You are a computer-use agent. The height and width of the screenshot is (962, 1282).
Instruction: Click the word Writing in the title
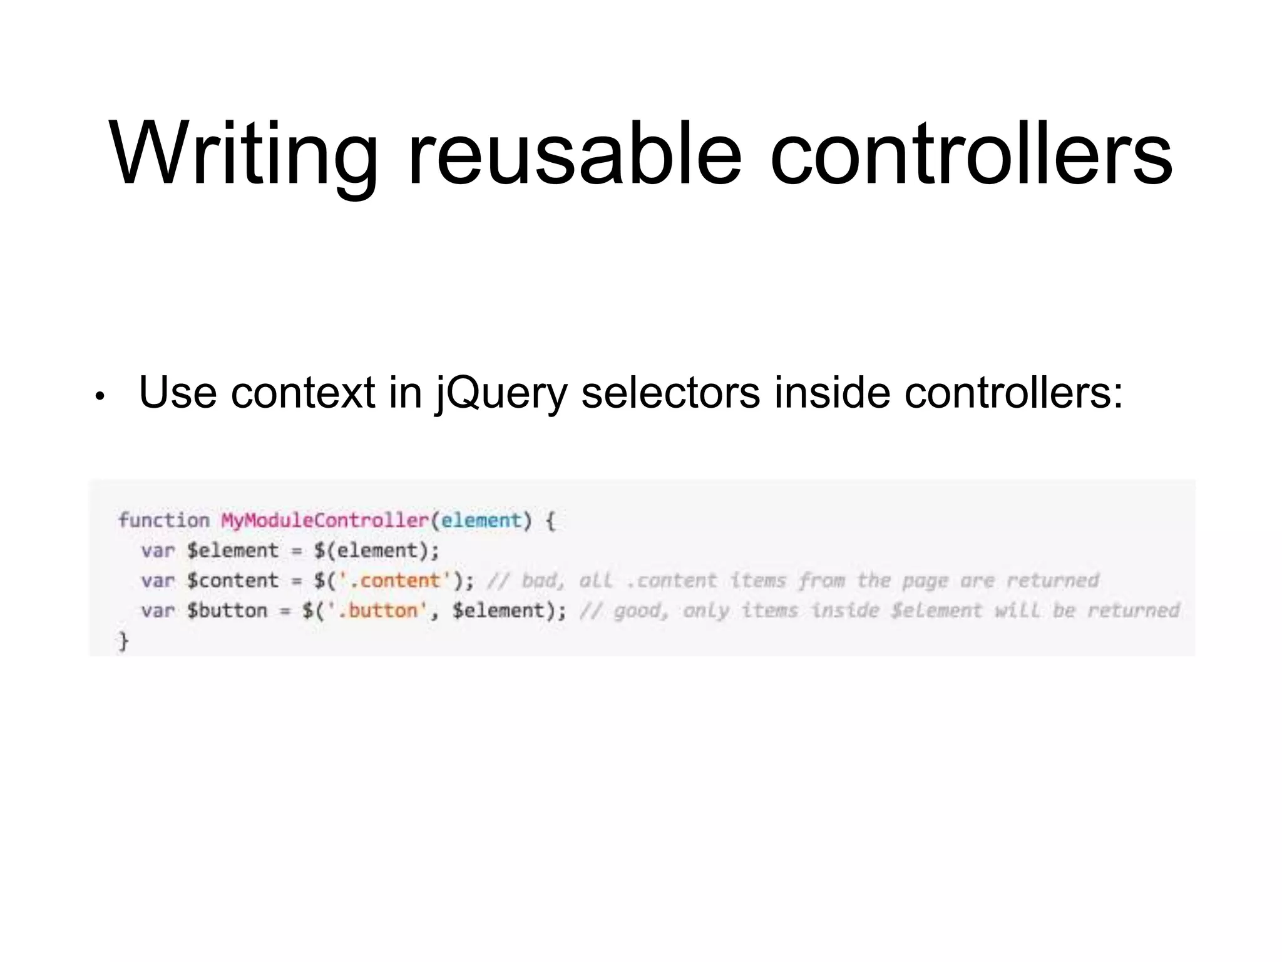point(243,154)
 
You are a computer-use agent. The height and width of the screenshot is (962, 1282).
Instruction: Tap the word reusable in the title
point(574,154)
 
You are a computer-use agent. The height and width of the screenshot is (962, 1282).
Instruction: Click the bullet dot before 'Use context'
point(99,396)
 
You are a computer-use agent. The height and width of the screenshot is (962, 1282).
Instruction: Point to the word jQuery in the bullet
point(501,393)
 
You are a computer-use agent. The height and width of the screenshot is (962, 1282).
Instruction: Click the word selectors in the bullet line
point(670,393)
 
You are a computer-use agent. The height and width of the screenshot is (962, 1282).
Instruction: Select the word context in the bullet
point(302,393)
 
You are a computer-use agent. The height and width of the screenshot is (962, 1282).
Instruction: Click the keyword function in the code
point(164,520)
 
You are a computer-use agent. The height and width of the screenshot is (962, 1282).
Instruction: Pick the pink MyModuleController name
point(324,520)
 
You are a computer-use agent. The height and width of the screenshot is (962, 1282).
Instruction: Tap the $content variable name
point(232,581)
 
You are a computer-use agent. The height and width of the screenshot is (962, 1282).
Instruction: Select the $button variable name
point(227,611)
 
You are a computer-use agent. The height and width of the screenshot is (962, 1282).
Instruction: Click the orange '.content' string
point(395,581)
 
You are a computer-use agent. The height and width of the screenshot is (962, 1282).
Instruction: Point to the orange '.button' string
point(377,611)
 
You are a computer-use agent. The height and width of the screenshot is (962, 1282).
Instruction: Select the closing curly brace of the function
point(124,641)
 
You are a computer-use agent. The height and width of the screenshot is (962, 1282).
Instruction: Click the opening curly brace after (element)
point(550,520)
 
